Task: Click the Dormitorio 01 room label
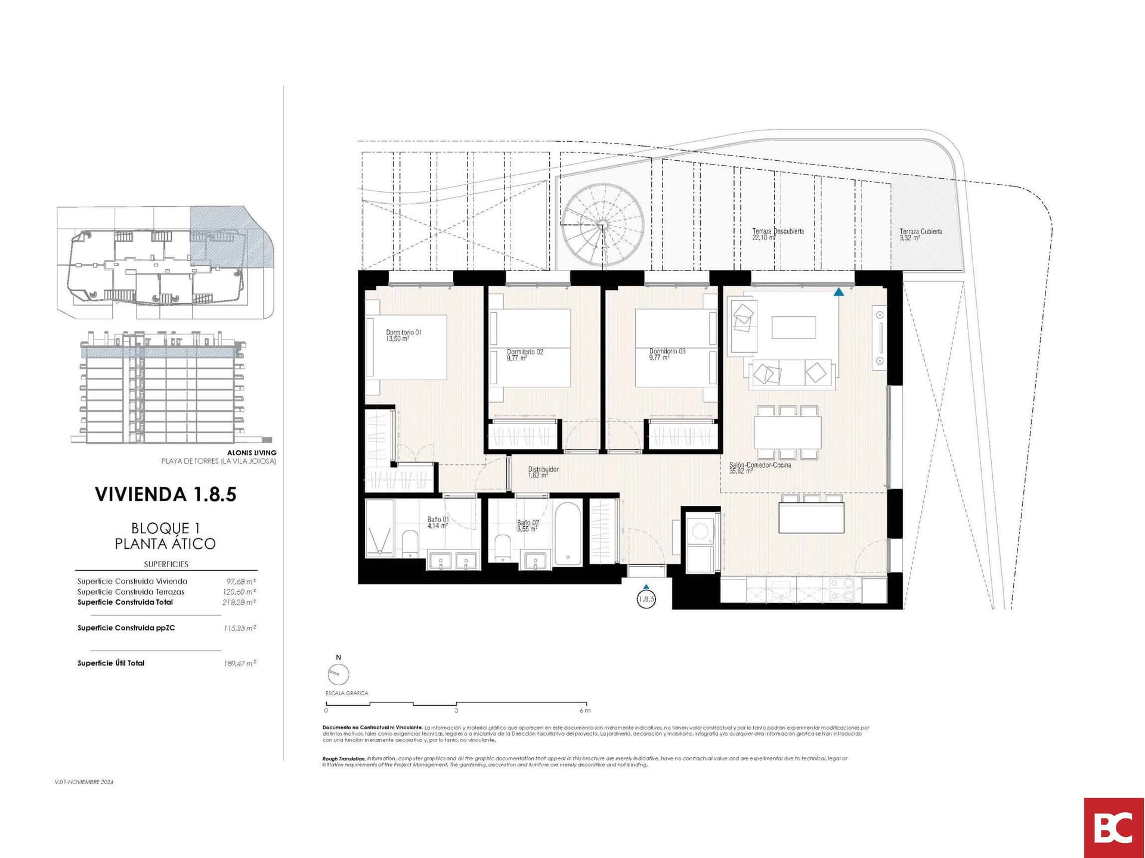tap(404, 335)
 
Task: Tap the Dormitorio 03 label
tap(667, 355)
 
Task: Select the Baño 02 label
tap(527, 526)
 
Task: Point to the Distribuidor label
tap(543, 472)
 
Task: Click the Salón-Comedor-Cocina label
tap(759, 468)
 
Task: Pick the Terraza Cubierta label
tap(920, 234)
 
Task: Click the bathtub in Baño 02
tap(567, 534)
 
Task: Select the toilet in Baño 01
tap(410, 543)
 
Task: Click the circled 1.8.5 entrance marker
tap(646, 599)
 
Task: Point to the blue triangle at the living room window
tap(838, 292)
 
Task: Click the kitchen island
tap(811, 518)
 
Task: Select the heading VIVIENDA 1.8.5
tap(166, 494)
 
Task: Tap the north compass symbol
tap(338, 674)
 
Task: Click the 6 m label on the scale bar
tap(584, 710)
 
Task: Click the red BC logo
tap(1113, 828)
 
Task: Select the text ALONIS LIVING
tap(252, 453)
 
